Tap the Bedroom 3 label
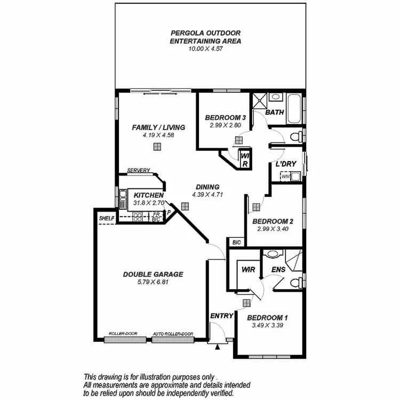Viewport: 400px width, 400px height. [x=226, y=118]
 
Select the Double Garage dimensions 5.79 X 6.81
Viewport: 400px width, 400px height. [x=153, y=282]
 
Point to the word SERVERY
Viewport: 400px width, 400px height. [x=139, y=171]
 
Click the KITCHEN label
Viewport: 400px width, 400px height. [x=148, y=195]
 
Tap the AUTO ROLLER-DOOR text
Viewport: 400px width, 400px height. [x=173, y=334]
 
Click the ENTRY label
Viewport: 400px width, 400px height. [x=221, y=316]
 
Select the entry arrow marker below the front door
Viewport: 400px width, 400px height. [x=218, y=347]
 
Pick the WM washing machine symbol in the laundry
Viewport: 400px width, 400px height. [x=285, y=176]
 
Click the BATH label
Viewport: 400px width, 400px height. [x=274, y=113]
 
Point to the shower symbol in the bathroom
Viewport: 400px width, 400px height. [x=260, y=101]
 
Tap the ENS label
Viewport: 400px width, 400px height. [x=278, y=270]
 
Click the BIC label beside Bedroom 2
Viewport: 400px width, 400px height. [x=237, y=242]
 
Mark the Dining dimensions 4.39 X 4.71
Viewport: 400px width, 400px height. [x=207, y=195]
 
